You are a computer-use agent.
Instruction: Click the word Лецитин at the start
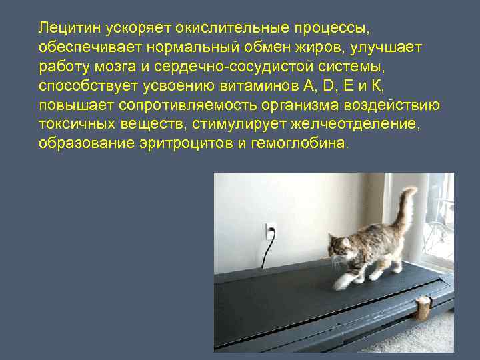pyautogui.click(x=65, y=29)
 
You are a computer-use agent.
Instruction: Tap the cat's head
pyautogui.click(x=341, y=247)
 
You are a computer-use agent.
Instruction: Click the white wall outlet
pyautogui.click(x=269, y=231)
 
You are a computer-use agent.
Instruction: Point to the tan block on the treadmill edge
pyautogui.click(x=423, y=307)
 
